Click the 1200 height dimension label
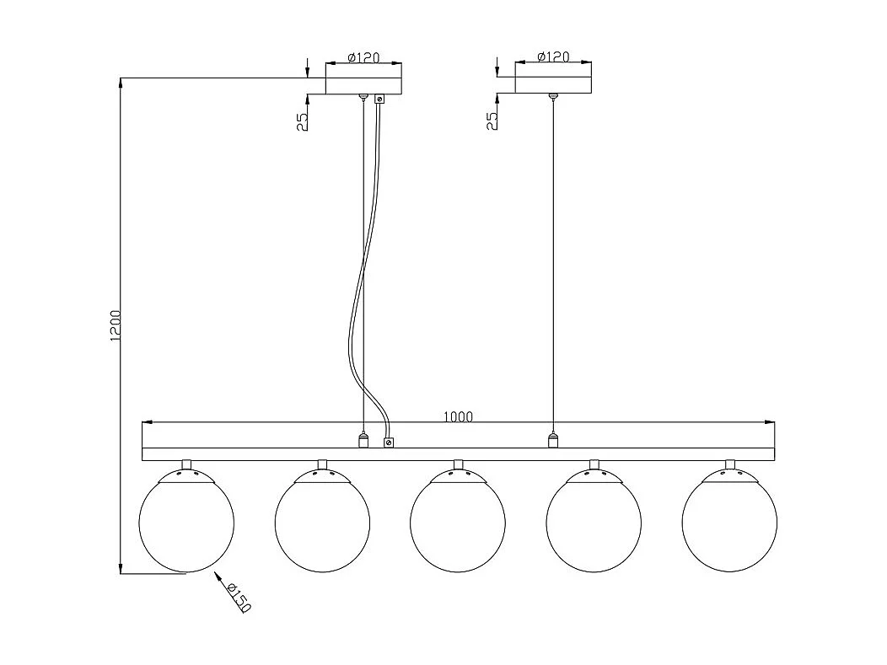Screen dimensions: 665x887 (x=116, y=325)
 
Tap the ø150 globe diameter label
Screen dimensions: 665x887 (x=239, y=596)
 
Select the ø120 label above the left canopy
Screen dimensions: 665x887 (x=363, y=58)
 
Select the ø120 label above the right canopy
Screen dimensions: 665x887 (x=553, y=57)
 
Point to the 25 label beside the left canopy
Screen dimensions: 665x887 (x=302, y=121)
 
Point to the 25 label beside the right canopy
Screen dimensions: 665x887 (x=492, y=121)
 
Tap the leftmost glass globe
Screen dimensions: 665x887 (x=186, y=525)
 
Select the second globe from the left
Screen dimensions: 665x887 (x=322, y=525)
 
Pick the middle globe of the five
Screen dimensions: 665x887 (x=458, y=525)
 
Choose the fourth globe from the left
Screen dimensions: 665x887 (x=594, y=525)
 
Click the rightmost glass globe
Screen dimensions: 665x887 (x=729, y=525)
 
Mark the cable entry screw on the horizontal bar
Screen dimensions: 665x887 (x=389, y=442)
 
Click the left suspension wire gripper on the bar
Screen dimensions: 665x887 (x=363, y=440)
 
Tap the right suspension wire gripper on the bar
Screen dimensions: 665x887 (x=553, y=440)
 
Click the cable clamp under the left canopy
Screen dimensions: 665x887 (x=379, y=99)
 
